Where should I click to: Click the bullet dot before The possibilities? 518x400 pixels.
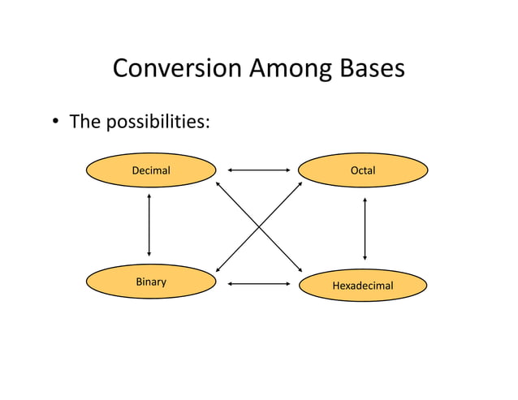(x=57, y=123)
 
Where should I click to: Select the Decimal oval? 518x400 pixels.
(x=151, y=170)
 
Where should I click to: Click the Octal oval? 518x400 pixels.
(x=363, y=170)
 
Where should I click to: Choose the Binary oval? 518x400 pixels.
(x=151, y=282)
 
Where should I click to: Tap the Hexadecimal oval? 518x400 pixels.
(x=363, y=286)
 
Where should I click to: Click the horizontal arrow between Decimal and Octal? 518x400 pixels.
(x=259, y=170)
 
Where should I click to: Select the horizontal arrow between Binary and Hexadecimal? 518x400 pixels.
(x=259, y=284)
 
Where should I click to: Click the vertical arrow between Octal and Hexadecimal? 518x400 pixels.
(x=365, y=228)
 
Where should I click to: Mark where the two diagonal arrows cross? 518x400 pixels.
(x=260, y=226)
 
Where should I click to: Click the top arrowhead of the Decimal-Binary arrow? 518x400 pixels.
(x=149, y=196)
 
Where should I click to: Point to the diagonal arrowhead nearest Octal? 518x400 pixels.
(x=300, y=184)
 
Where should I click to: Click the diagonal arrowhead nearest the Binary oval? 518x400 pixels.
(x=219, y=268)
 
